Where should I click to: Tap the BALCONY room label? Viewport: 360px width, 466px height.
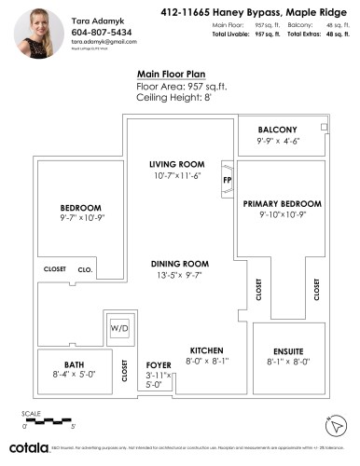(277, 130)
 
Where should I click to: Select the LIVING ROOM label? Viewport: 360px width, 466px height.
(175, 164)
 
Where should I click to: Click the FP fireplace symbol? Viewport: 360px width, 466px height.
(227, 179)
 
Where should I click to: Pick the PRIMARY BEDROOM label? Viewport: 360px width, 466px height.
(284, 203)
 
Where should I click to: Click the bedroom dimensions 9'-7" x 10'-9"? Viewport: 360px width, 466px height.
(81, 218)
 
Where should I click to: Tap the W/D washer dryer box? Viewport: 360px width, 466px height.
(120, 329)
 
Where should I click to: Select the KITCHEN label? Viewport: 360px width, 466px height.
(205, 350)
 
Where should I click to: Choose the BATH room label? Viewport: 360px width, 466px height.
(74, 364)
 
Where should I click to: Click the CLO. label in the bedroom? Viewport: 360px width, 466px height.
(85, 269)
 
